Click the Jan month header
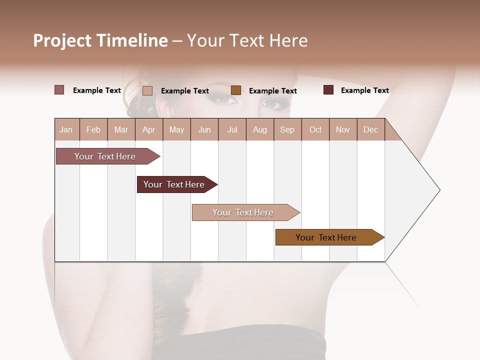pos(66,129)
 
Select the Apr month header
pos(148,129)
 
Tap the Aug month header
pos(259,129)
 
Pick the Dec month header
pos(370,129)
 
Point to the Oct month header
pos(315,129)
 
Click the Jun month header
pos(204,129)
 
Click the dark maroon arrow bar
pos(175,184)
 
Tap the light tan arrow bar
pos(244,212)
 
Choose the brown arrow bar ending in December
pos(327,237)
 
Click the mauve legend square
pos(59,90)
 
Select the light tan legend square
pos(147,90)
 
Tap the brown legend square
pos(236,90)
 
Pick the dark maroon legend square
pos(328,90)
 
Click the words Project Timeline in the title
pos(100,40)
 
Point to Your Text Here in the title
pos(247,40)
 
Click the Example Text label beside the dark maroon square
pos(364,90)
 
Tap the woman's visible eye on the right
pos(271,103)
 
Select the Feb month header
pos(93,129)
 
